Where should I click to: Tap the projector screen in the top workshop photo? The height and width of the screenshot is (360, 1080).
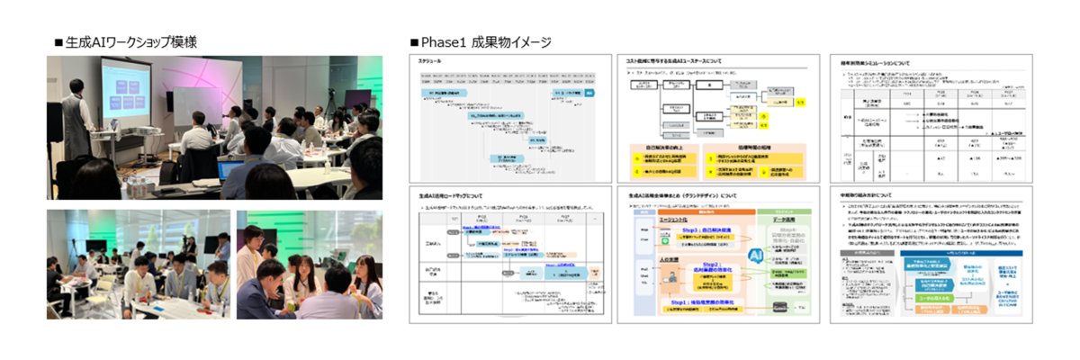135,90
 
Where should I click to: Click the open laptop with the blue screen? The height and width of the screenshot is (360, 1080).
230,170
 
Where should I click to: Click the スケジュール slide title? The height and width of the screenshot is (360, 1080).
432,60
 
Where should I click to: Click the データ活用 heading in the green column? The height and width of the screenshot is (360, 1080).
788,220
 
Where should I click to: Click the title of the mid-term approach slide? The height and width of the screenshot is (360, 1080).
873,194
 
